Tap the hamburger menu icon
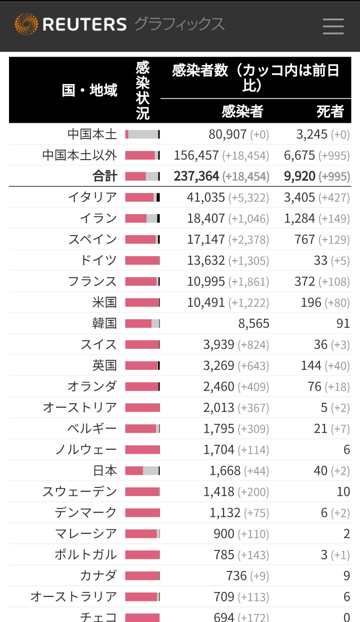point(333,26)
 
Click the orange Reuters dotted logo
point(26,25)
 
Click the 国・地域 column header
point(90,91)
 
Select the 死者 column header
point(330,111)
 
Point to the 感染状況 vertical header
point(142,91)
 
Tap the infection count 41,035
point(206,197)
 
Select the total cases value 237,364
point(196,176)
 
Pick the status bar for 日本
point(142,470)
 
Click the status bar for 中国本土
point(142,134)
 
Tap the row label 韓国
point(104,323)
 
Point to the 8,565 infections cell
point(253,323)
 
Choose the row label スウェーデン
point(79,491)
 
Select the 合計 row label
point(104,176)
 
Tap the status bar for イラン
point(142,218)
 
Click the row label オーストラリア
point(73,596)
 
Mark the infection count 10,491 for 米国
point(206,302)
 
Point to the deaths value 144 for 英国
point(311,365)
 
